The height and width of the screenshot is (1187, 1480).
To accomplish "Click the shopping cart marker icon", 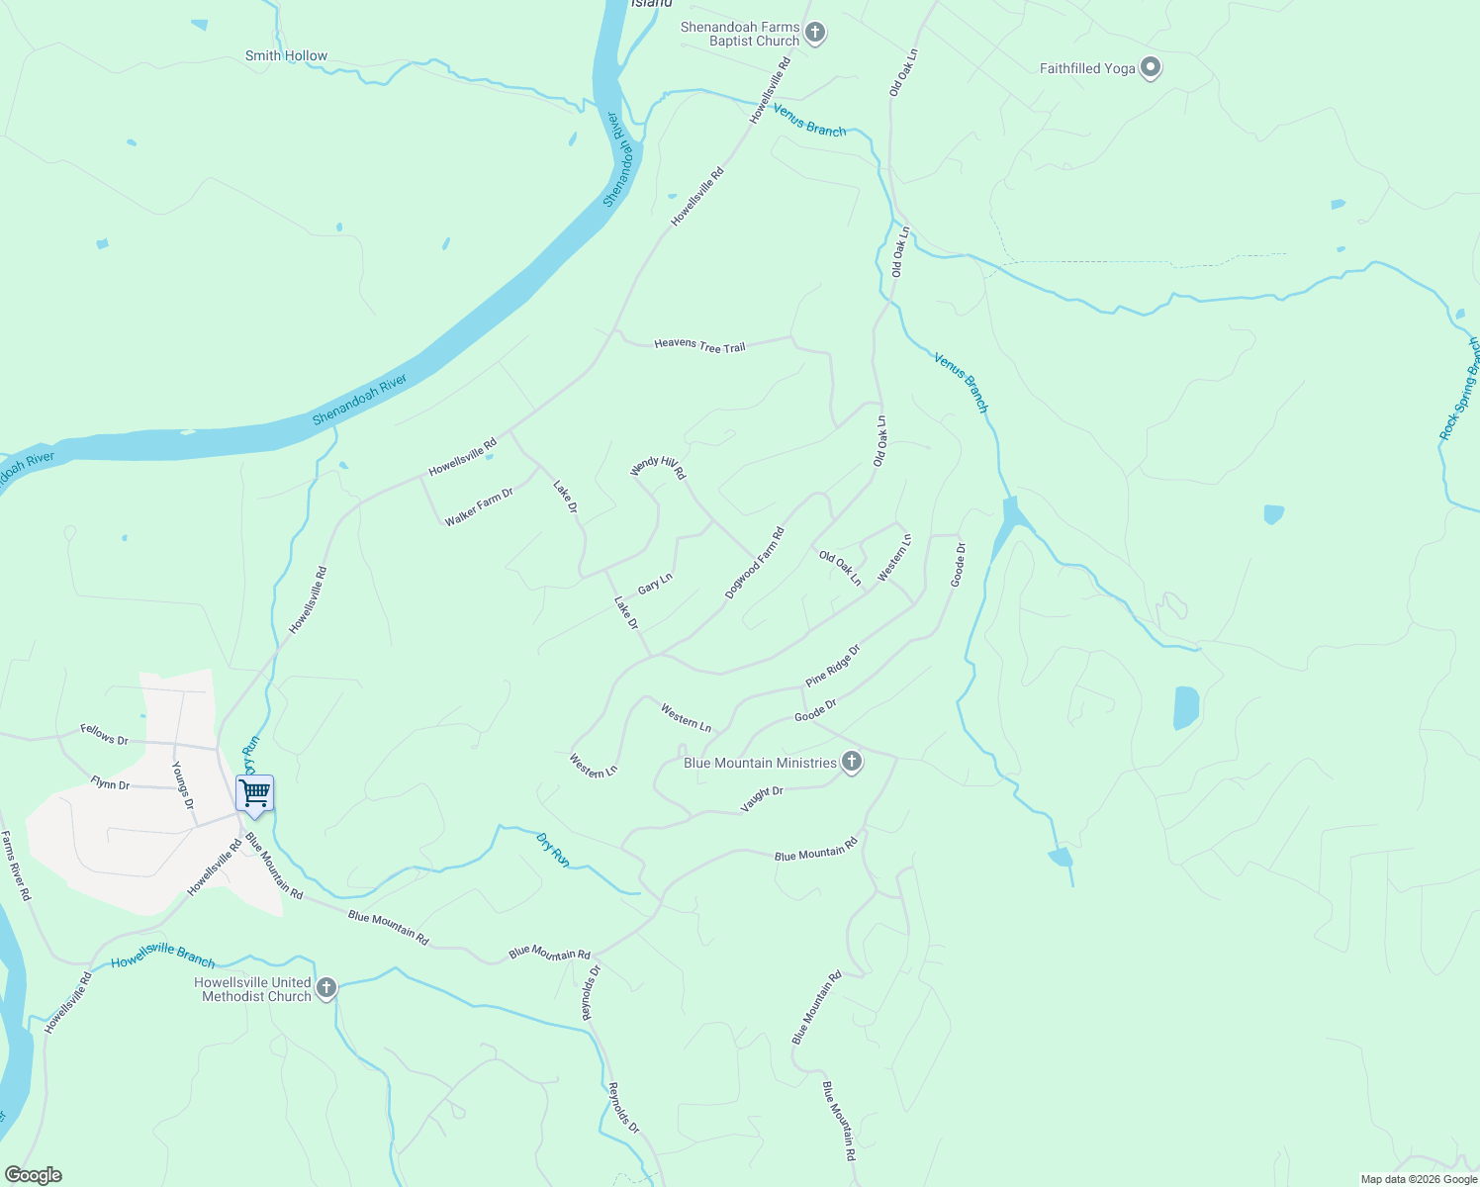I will [x=255, y=793].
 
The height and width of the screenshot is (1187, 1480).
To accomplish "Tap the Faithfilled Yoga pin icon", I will [x=1150, y=68].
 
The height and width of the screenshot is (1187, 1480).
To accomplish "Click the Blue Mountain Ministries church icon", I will [x=852, y=763].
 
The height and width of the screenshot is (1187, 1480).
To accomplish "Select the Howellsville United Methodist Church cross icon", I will [x=325, y=988].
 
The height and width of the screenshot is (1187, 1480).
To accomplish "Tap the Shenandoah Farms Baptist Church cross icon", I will [x=814, y=34].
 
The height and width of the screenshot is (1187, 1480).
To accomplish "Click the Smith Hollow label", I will [x=286, y=56].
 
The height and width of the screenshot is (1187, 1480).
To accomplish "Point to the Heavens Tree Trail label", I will [x=699, y=346].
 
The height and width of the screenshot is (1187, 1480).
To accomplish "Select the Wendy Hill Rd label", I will [x=659, y=467].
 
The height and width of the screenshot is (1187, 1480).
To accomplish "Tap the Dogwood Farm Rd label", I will [x=755, y=563].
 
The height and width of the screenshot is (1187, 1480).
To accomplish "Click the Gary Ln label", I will [x=655, y=584].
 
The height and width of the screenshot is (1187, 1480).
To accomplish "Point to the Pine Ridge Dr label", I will [x=833, y=666].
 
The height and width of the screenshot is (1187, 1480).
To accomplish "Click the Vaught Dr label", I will [x=762, y=799].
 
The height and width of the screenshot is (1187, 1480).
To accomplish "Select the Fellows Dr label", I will [x=104, y=734].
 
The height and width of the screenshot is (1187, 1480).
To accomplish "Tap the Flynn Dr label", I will [x=110, y=783].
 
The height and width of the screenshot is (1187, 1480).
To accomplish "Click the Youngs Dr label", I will [x=182, y=785].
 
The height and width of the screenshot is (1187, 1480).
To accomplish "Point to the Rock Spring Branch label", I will [x=1460, y=390].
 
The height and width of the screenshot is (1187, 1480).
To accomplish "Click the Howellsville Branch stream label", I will [x=162, y=956].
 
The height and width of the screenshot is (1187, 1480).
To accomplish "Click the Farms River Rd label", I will [x=16, y=866].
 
